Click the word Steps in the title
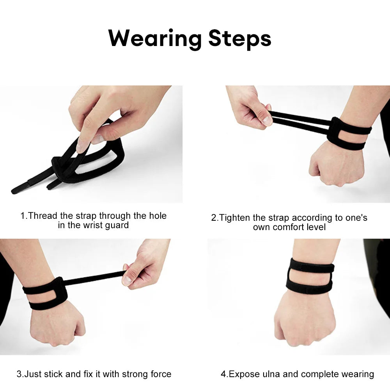pos(239,39)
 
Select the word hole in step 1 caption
pos(157,216)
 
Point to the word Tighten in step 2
pos(235,218)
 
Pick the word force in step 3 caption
pos(160,374)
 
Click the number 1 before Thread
pos(23,216)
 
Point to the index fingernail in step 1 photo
pos(83,147)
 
